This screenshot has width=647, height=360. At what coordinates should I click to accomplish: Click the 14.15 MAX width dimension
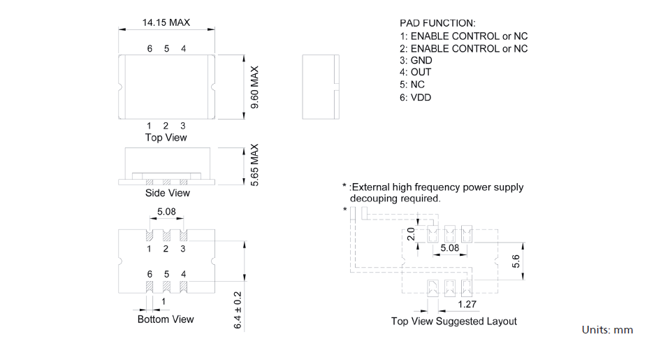166,23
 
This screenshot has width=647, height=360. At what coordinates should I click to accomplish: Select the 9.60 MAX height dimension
255,88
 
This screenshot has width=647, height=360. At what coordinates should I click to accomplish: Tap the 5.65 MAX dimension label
255,165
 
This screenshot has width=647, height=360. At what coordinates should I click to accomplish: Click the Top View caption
166,138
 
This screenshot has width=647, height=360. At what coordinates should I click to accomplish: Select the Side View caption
167,193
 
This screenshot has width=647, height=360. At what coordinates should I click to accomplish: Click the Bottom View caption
166,319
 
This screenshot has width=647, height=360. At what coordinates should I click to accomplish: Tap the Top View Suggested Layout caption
453,322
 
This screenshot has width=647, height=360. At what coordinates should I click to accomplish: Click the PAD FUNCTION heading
437,23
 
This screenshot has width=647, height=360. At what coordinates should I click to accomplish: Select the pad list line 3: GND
416,61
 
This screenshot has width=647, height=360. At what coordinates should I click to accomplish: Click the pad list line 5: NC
412,85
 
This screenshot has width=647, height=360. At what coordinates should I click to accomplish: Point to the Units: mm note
607,330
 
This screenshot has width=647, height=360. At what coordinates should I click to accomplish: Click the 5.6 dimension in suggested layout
516,261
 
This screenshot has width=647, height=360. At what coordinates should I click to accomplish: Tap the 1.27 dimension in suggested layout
468,305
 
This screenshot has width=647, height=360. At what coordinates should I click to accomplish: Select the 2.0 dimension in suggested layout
412,233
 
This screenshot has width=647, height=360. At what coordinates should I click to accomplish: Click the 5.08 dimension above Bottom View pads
166,212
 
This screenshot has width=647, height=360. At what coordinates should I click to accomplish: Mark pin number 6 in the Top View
150,49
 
